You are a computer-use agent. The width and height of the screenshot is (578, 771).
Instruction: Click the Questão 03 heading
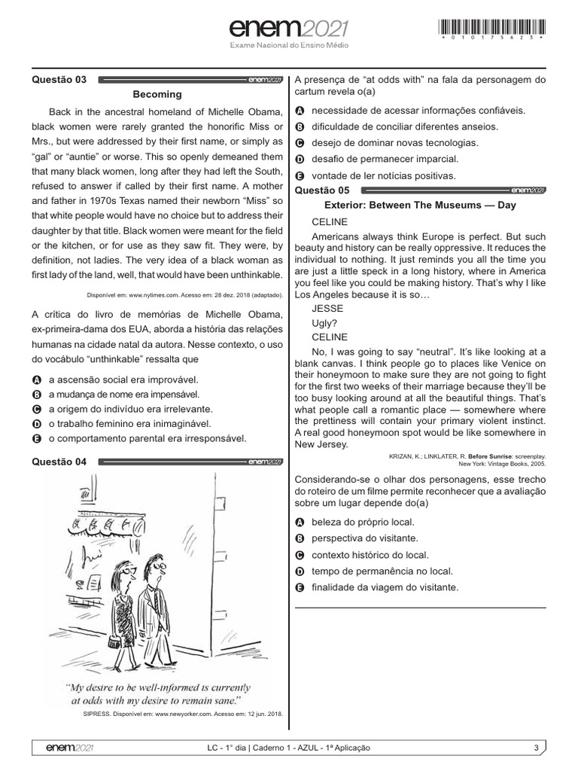59,80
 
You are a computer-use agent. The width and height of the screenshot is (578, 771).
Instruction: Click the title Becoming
157,94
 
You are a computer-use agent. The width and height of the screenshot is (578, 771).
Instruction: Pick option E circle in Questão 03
37,438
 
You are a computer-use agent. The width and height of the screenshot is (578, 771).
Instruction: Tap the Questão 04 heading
59,462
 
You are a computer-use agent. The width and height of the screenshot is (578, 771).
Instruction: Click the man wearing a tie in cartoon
156,602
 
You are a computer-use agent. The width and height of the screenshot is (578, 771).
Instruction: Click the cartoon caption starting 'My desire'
157,693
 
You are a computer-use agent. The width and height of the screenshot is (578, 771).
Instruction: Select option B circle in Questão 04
299,126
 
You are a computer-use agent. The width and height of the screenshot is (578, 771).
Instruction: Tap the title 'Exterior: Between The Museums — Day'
420,205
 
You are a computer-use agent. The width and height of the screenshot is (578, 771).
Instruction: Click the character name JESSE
327,308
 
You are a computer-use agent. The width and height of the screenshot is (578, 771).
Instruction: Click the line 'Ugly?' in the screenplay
324,322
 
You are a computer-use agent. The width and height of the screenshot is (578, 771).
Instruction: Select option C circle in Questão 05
299,555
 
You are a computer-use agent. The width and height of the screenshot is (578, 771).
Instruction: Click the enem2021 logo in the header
289,29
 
